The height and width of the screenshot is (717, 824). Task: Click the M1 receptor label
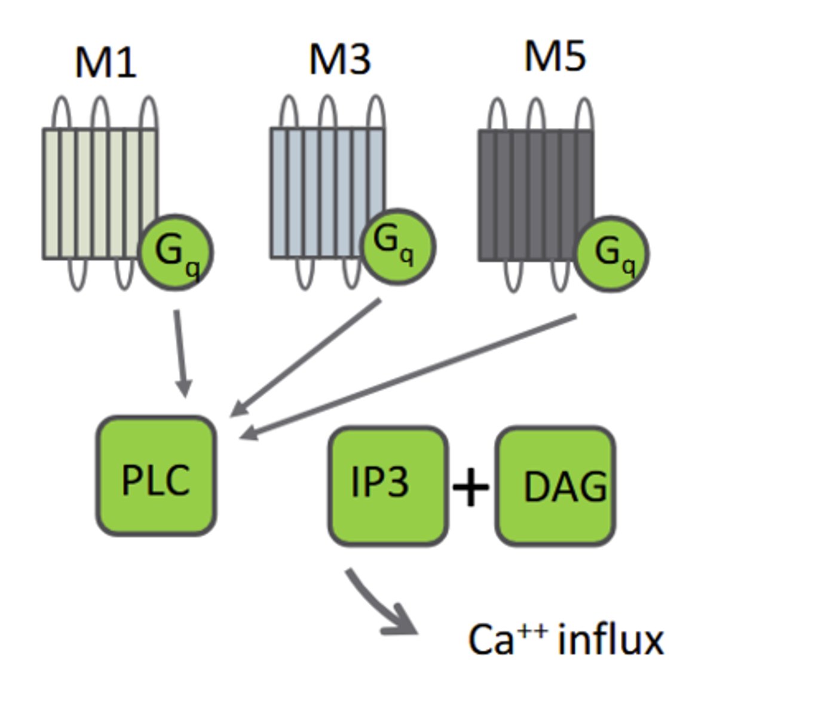tap(106, 62)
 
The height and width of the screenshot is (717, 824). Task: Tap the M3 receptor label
tap(339, 59)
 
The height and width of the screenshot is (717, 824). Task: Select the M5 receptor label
tap(555, 57)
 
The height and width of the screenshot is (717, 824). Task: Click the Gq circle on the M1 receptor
tap(175, 252)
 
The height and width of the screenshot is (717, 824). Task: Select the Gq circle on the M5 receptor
tap(611, 254)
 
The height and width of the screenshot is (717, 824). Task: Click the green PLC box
tap(156, 476)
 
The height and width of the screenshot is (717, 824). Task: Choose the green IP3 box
tap(388, 485)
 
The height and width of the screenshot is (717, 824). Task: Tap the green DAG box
tap(555, 486)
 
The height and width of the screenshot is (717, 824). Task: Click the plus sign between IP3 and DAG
tap(471, 487)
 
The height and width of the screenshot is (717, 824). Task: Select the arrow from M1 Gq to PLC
tap(180, 353)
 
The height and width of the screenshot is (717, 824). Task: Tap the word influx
tap(610, 640)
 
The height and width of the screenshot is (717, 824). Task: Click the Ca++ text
tap(507, 639)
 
